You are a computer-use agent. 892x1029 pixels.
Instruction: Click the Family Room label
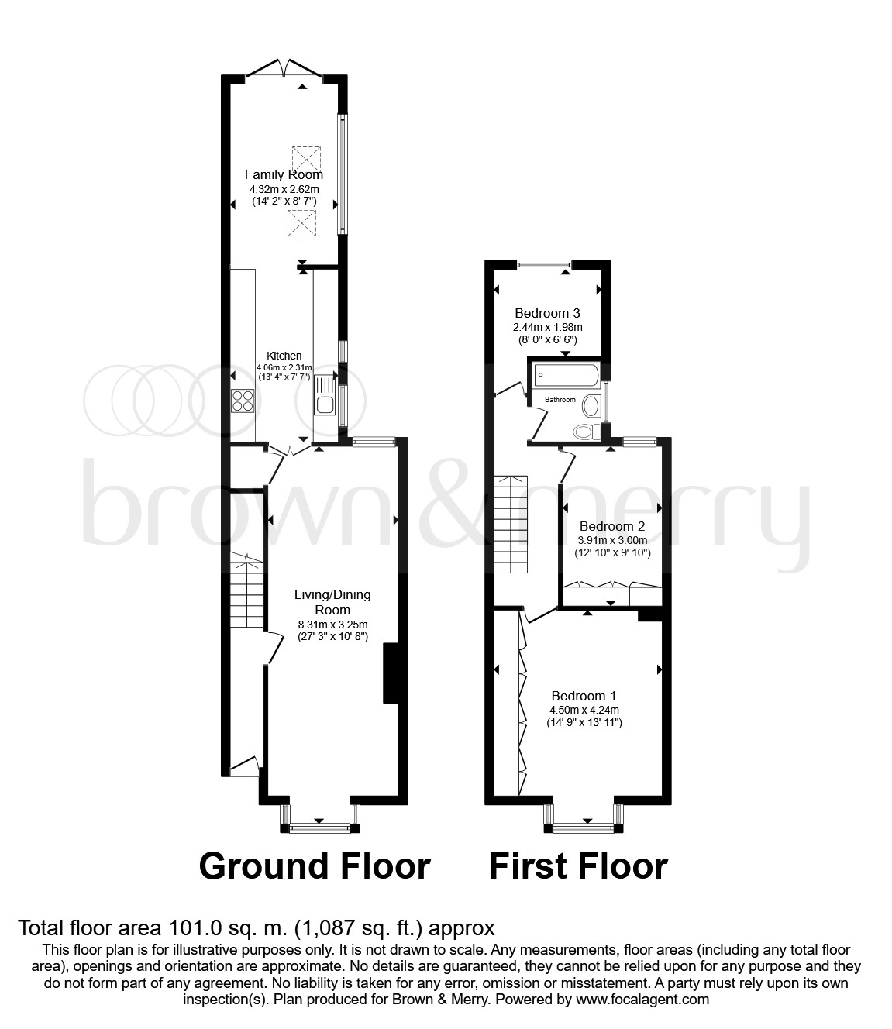(284, 174)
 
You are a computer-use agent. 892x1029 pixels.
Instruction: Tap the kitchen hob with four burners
(243, 401)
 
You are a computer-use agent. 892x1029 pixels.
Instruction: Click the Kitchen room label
(284, 356)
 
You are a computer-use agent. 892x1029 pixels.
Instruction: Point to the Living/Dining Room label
(332, 602)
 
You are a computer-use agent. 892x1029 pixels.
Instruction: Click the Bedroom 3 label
(547, 314)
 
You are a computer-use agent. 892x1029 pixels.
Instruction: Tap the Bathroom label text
(560, 400)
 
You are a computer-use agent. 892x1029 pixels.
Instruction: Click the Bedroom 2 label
(612, 526)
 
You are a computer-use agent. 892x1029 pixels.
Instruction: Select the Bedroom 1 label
(584, 696)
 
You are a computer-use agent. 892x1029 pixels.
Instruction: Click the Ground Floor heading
(315, 866)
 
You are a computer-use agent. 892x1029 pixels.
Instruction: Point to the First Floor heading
(578, 866)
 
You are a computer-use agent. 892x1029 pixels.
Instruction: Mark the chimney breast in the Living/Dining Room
(391, 673)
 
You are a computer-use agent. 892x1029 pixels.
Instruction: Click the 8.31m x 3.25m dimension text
(332, 625)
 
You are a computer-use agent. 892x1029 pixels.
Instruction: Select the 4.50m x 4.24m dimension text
(584, 710)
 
